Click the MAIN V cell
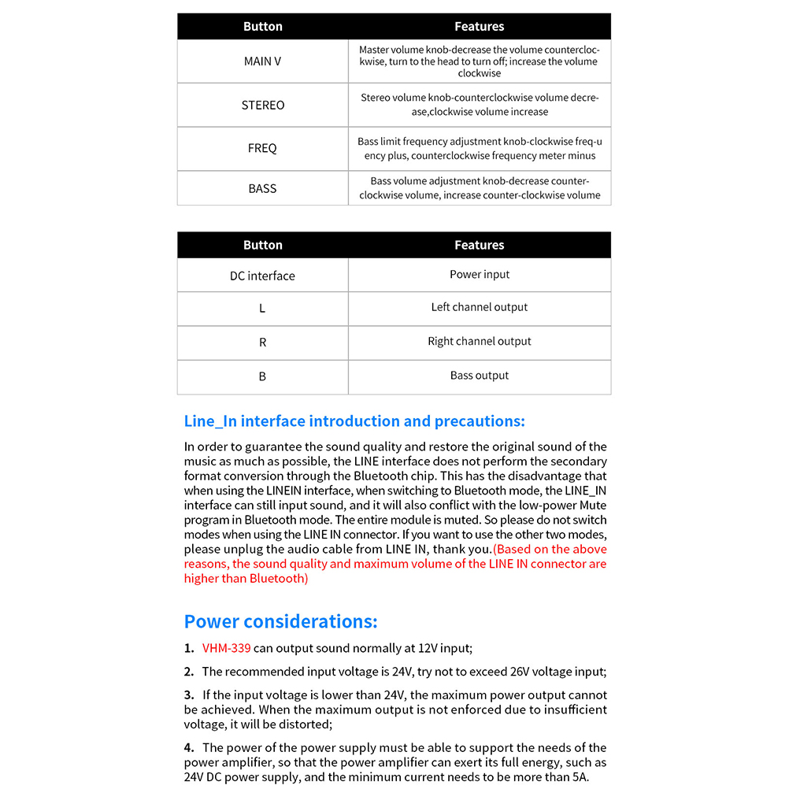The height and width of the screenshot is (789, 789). [x=262, y=61]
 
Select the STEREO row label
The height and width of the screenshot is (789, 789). [x=262, y=106]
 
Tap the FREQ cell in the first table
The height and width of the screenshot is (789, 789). [x=262, y=148]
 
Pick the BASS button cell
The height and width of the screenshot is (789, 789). [x=262, y=188]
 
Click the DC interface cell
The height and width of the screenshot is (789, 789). [x=262, y=276]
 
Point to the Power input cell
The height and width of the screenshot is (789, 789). [x=480, y=275]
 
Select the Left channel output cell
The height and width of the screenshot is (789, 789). [x=480, y=307]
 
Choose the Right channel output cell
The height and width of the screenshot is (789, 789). [x=480, y=342]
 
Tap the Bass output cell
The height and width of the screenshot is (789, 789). [x=480, y=376]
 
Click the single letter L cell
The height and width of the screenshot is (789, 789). [x=262, y=308]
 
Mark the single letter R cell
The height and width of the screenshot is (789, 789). [x=262, y=343]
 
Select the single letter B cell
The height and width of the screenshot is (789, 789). [x=262, y=376]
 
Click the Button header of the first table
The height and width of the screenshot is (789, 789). [x=262, y=27]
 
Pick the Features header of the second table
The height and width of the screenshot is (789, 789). [x=480, y=245]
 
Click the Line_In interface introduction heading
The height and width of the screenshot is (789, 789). [x=354, y=421]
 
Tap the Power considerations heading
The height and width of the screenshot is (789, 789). [x=280, y=621]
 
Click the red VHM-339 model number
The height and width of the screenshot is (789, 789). [x=226, y=649]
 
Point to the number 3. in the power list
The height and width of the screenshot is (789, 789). [x=189, y=695]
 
